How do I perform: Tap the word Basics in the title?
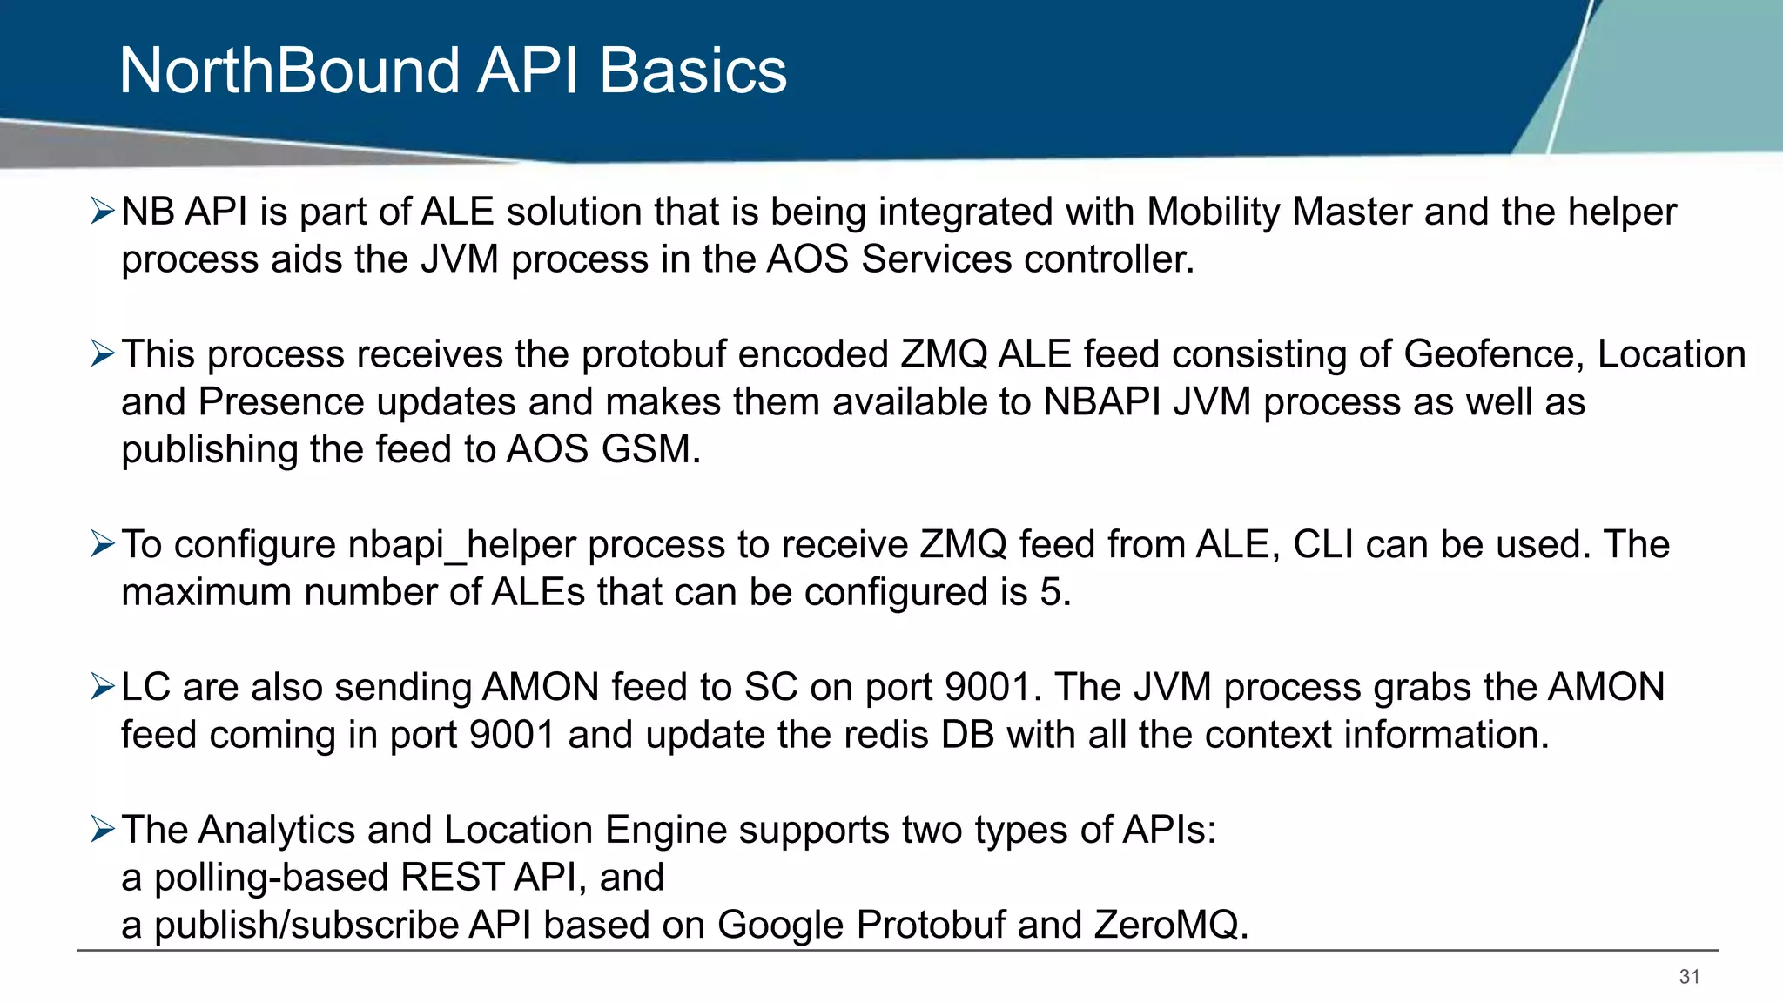[x=693, y=71]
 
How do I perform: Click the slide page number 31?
[x=1689, y=977]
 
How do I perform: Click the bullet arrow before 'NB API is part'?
[x=103, y=212]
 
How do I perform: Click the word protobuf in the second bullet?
[x=648, y=354]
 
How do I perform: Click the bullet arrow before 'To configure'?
[x=103, y=545]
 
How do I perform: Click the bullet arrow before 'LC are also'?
[x=103, y=688]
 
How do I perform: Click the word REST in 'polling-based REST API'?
[x=452, y=878]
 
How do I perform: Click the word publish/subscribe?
[x=306, y=926]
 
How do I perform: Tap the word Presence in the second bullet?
[x=281, y=402]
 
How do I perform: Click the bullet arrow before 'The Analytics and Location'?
[x=103, y=830]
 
